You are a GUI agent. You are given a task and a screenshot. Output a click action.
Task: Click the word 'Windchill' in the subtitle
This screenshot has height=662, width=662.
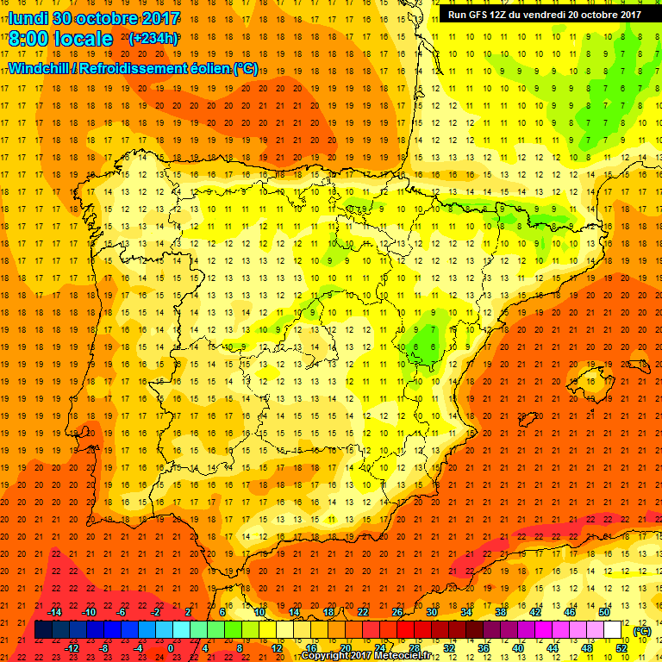pos(41,68)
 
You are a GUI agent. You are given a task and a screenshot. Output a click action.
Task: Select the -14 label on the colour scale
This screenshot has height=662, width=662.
pos(54,612)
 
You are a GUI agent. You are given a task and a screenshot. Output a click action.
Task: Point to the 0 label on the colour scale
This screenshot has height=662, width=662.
pos(171,648)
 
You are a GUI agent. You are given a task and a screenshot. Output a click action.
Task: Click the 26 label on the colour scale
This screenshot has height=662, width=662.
pos(397,612)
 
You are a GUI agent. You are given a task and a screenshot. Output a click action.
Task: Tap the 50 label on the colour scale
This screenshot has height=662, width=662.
pos(604,612)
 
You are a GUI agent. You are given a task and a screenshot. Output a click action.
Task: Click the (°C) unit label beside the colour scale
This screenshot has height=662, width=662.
pos(641,631)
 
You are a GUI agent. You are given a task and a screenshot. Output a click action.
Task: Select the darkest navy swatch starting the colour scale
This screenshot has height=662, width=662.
pos(44,630)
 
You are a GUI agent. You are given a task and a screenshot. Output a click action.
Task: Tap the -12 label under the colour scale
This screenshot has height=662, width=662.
pos(72,648)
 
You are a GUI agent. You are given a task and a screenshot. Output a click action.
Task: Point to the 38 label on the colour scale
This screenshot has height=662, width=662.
pos(501,612)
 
